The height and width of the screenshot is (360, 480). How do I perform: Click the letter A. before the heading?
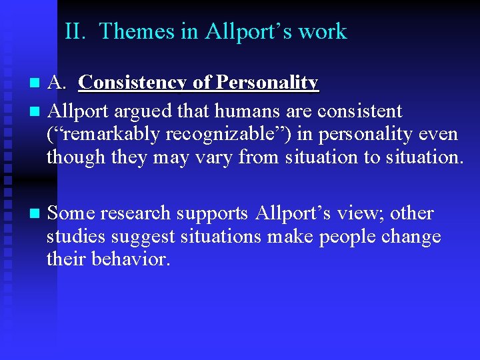(x=58, y=83)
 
